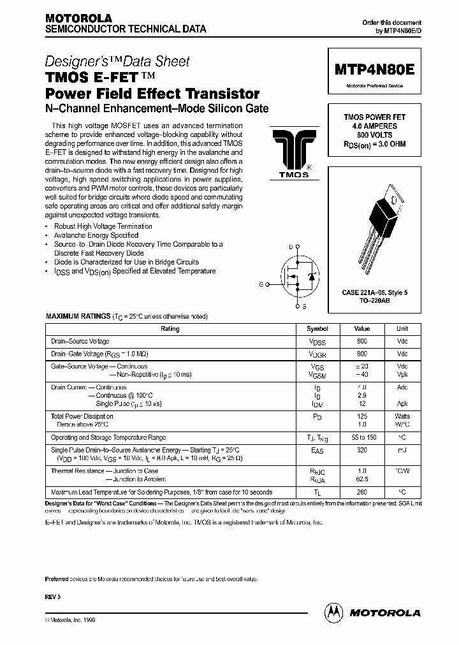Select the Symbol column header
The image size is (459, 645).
317,329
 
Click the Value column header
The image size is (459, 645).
362,329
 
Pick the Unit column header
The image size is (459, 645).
402,329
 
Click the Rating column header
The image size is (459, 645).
170,329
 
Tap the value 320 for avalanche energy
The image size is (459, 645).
362,449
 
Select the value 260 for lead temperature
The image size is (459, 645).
362,492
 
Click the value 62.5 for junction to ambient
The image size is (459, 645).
362,479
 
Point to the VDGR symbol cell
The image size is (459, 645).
317,354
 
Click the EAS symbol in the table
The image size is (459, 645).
317,450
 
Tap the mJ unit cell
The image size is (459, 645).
402,449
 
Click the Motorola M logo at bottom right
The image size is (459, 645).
333,612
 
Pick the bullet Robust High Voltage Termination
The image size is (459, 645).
103,226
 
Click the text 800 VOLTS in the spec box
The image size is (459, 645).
374,135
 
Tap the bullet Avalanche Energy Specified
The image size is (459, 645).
96,235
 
